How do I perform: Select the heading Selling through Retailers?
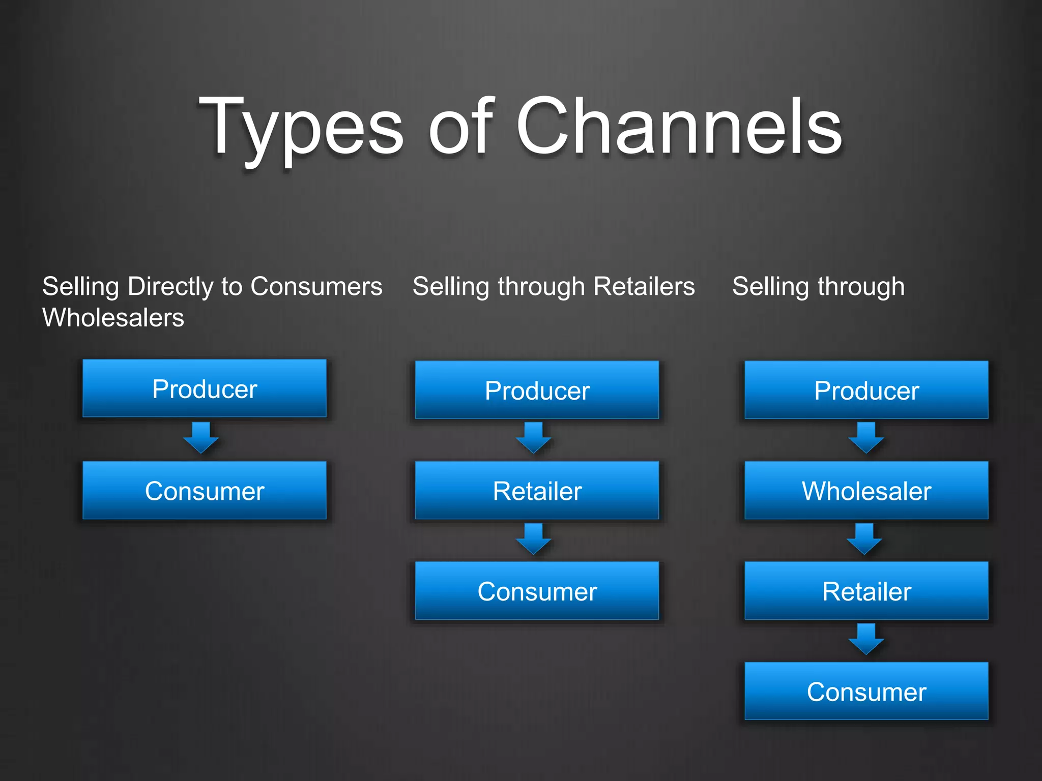554,286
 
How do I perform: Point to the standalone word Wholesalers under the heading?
113,318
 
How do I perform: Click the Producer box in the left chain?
205,389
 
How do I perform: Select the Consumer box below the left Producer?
205,491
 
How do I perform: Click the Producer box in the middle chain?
537,390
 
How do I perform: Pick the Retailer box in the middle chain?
537,491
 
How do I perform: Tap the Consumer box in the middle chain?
537,591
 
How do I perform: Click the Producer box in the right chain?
866,390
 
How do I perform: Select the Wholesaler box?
866,491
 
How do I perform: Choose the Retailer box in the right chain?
866,591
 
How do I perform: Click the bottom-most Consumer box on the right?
866,692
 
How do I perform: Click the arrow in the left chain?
201,438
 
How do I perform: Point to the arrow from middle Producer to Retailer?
533,438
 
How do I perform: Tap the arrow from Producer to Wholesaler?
866,438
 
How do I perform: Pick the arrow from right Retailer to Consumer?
866,639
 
